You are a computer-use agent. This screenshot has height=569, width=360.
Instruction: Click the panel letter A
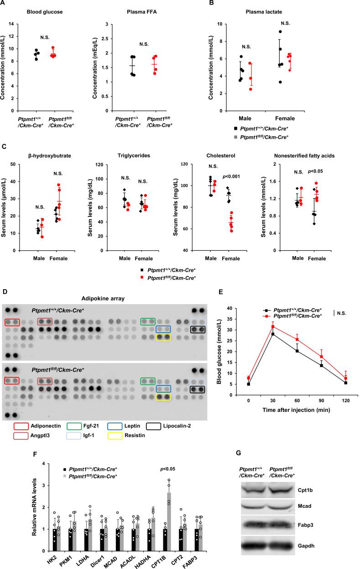tap(4, 4)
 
